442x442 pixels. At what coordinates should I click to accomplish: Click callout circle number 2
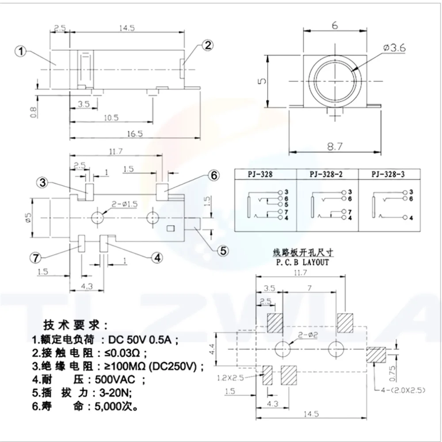click(x=208, y=45)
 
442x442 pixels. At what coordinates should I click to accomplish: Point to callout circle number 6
click(x=213, y=176)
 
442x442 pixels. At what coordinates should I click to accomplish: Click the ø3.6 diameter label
click(x=395, y=49)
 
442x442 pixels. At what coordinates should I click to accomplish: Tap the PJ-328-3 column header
click(x=389, y=174)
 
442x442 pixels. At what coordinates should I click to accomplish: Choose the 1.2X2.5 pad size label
click(x=230, y=377)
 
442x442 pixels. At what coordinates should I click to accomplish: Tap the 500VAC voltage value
click(x=114, y=379)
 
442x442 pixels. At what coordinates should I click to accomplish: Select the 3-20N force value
click(x=111, y=392)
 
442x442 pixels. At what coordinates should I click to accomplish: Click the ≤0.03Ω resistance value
click(x=119, y=353)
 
